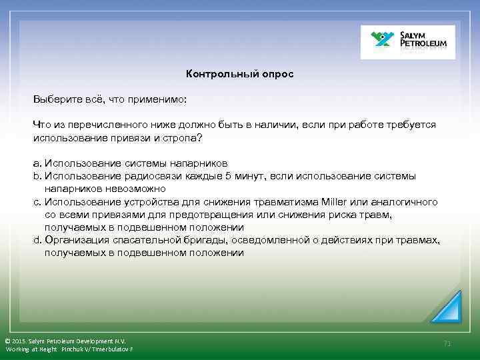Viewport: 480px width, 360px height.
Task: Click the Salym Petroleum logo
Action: click(407, 42)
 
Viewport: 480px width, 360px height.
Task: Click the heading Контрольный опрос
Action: click(239, 74)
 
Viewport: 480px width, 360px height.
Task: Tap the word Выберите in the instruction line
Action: click(56, 99)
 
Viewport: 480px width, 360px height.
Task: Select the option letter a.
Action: click(36, 163)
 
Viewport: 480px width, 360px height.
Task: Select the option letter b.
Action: click(36, 176)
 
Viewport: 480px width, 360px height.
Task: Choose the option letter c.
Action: click(36, 201)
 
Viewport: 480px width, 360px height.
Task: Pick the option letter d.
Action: click(36, 240)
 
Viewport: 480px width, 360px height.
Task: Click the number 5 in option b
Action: click(227, 176)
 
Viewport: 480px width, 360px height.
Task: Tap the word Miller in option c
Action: click(334, 201)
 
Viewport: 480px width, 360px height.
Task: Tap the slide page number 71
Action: click(447, 343)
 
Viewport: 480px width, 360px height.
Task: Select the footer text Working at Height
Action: click(31, 349)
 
